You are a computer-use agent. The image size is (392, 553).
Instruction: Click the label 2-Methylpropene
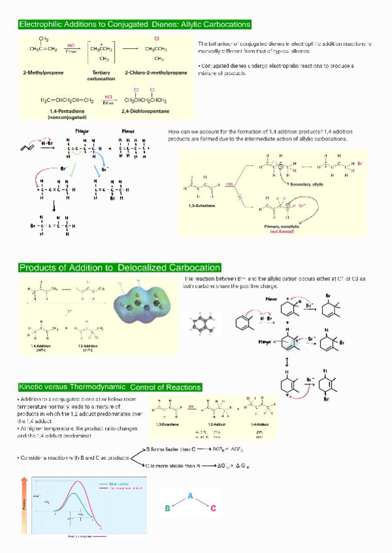tap(42, 72)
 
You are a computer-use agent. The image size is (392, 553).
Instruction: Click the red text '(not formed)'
tap(282, 231)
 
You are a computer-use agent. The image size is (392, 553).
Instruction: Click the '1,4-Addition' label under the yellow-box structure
tap(42, 346)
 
